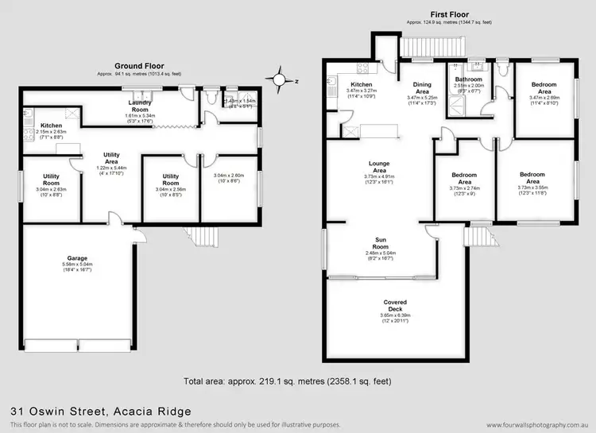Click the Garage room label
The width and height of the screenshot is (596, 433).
pos(76,258)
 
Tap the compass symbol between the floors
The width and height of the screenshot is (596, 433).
pos(279,80)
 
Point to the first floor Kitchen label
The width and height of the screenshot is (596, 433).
pos(362,85)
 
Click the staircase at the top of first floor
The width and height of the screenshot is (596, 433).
pos(424,50)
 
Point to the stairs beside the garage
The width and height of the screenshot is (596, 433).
pos(203,238)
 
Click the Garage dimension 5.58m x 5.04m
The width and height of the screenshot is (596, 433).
pos(76,265)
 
